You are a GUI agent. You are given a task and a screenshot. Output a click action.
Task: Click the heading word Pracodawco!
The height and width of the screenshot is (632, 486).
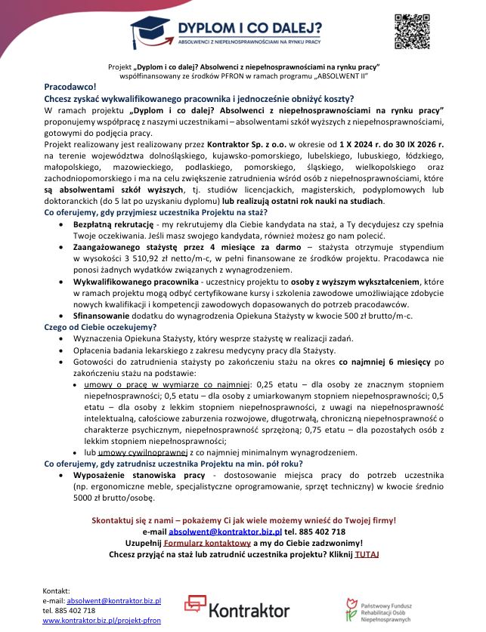click(x=66, y=88)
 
